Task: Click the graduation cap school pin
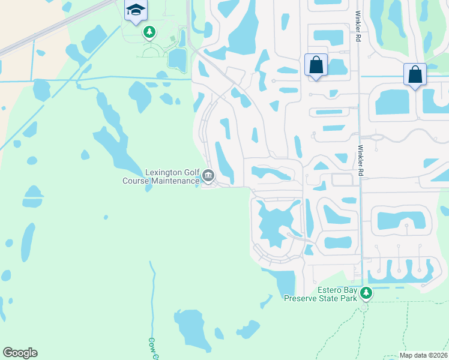(x=136, y=10)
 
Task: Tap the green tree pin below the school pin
(x=149, y=32)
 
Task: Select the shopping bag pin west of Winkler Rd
(x=316, y=64)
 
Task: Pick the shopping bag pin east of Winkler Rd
(x=415, y=74)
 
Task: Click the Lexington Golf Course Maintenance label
(x=161, y=176)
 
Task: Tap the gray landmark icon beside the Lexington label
(x=208, y=176)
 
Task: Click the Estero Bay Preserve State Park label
(x=320, y=294)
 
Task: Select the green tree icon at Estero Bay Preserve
(x=366, y=294)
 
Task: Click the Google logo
(x=20, y=353)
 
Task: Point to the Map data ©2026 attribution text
(x=423, y=355)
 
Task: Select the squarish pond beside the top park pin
(x=177, y=59)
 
